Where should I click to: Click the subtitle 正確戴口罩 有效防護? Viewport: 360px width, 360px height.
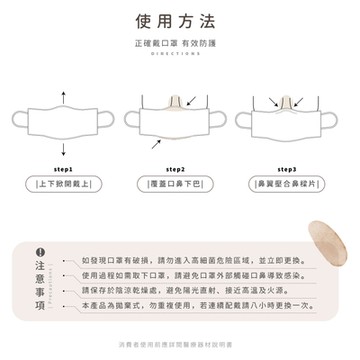coord(179,46)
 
